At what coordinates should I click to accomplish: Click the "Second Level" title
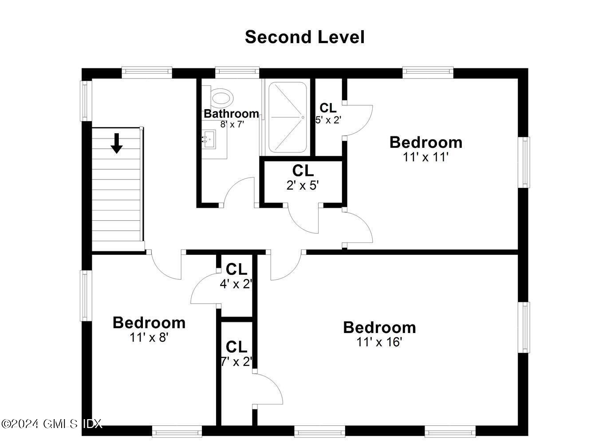click(x=304, y=37)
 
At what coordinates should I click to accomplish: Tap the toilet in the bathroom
click(x=221, y=96)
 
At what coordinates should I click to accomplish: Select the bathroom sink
click(x=209, y=139)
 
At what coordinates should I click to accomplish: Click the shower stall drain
click(x=303, y=117)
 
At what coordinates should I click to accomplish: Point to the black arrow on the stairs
click(x=117, y=143)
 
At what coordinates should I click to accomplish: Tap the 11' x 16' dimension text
click(x=379, y=342)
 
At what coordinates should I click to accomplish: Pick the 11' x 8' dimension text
click(x=149, y=337)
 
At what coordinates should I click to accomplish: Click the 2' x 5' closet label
click(x=303, y=185)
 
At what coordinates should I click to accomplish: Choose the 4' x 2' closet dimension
click(x=236, y=284)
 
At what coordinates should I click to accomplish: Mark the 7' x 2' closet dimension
click(x=236, y=361)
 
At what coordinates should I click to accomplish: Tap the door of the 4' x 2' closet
click(x=204, y=289)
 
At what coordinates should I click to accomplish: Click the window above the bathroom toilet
click(x=237, y=71)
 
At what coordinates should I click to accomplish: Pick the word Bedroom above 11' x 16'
click(x=379, y=328)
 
